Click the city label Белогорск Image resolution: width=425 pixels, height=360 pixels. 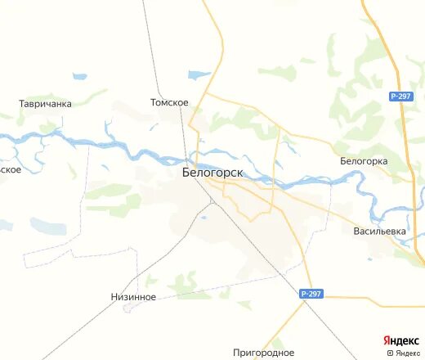click(212, 173)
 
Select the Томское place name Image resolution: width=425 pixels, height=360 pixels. click(170, 102)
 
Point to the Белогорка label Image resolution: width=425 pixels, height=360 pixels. click(364, 161)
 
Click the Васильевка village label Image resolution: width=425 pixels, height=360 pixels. click(379, 231)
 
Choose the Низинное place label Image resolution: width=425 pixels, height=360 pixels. click(132, 297)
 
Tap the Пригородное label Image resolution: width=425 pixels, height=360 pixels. click(263, 352)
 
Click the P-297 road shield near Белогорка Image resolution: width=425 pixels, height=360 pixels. click(400, 97)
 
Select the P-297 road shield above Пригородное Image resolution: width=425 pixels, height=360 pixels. click(310, 293)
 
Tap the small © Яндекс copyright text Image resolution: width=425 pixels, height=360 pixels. click(405, 353)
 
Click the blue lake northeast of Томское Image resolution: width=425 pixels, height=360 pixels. click(199, 75)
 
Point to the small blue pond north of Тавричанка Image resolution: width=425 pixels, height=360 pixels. click(80, 76)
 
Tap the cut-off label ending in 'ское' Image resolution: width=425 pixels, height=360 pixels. click(10, 169)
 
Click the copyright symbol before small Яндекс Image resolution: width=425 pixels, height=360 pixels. click(390, 353)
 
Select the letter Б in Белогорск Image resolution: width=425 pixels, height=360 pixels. click(186, 173)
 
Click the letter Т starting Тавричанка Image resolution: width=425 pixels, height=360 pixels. click(22, 104)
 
